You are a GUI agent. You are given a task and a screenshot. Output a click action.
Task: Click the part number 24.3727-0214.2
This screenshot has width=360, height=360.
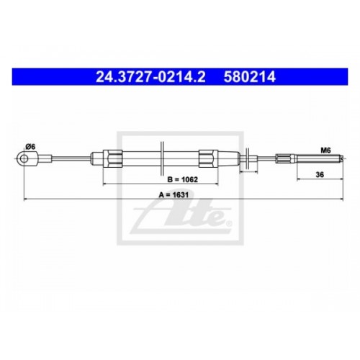(x=150, y=77)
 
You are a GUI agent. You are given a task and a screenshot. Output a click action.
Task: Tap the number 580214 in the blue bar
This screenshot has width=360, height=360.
(x=250, y=77)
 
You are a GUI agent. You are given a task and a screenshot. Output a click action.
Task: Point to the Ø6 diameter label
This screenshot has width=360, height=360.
(x=30, y=147)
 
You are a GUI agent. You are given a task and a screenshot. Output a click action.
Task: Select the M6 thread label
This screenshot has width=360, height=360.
(x=325, y=150)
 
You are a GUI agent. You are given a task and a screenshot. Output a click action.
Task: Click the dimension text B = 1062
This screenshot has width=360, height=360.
(x=182, y=179)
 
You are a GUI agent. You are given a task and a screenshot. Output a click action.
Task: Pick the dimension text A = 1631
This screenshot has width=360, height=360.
(x=174, y=194)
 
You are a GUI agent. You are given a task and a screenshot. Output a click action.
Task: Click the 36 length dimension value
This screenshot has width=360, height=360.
(x=320, y=174)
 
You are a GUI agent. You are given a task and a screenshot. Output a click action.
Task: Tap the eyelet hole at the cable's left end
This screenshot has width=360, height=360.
(x=24, y=158)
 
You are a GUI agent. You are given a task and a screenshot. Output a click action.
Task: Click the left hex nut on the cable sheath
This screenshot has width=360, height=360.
(x=112, y=158)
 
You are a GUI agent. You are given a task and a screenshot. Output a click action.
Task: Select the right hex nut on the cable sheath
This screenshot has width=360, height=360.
(x=208, y=158)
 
